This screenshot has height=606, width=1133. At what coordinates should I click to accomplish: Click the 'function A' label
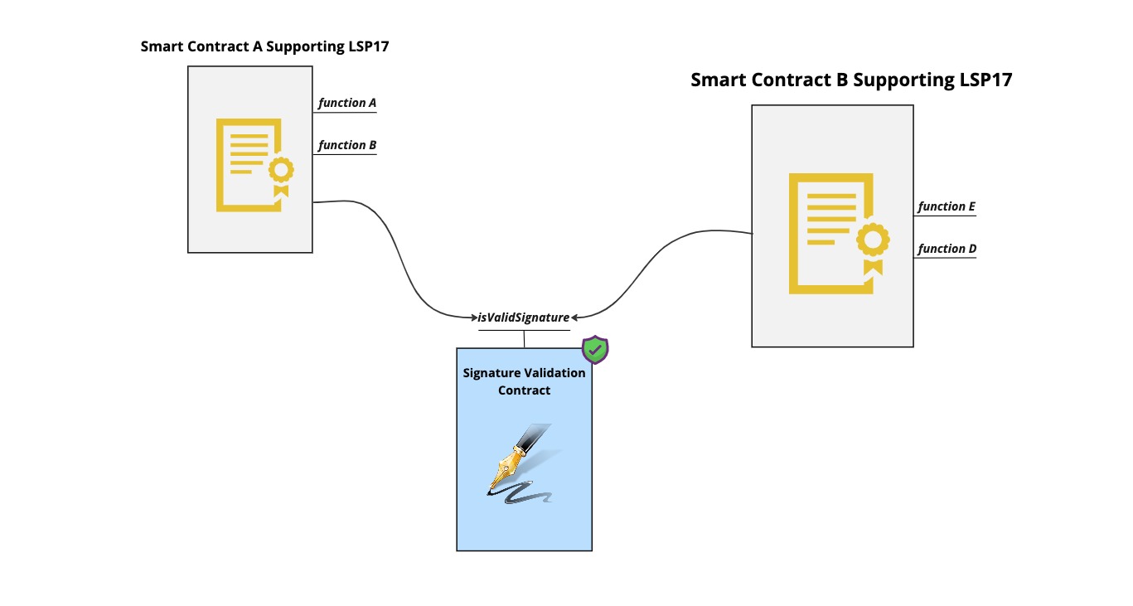pyautogui.click(x=347, y=103)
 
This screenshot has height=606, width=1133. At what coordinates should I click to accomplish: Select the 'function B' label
pyautogui.click(x=347, y=145)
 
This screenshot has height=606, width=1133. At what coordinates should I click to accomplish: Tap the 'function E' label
pyautogui.click(x=947, y=206)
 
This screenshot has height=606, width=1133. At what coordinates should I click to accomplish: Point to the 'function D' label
pyautogui.click(x=947, y=249)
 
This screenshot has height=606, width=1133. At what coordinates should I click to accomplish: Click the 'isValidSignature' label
pyautogui.click(x=524, y=317)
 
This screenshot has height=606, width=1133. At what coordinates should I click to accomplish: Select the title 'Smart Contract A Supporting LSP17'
pyautogui.click(x=264, y=46)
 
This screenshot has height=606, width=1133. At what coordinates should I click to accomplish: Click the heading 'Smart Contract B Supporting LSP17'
pyautogui.click(x=851, y=80)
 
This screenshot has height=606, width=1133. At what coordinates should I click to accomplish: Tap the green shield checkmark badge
pyautogui.click(x=595, y=350)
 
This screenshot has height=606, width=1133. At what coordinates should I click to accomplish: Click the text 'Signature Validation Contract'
pyautogui.click(x=524, y=381)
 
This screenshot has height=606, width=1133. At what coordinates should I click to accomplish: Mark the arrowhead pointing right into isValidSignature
pyautogui.click(x=473, y=317)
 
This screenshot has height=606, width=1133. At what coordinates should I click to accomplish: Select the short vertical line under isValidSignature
pyautogui.click(x=524, y=339)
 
